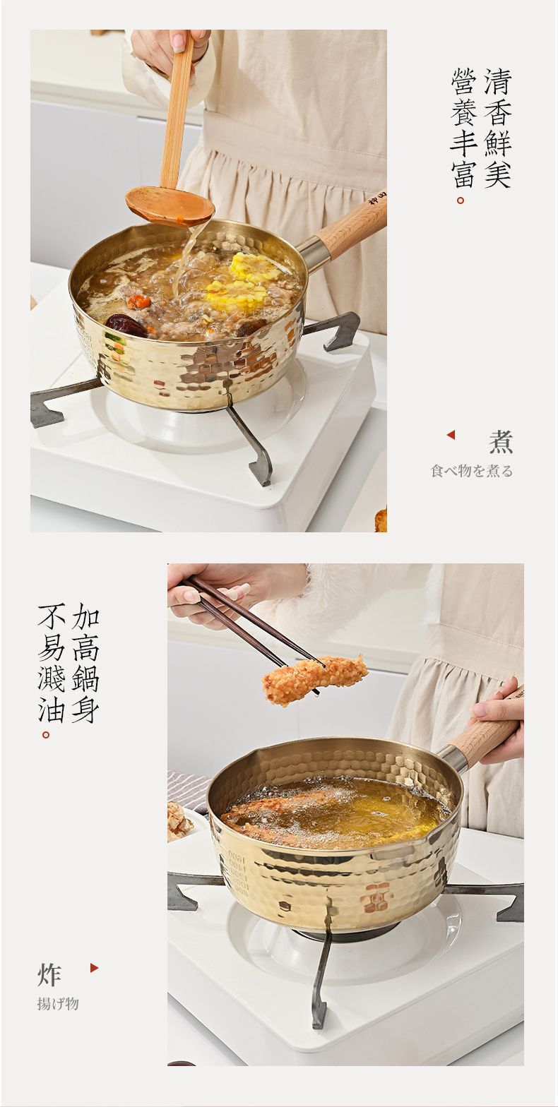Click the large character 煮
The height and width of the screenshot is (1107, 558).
pos(501,442)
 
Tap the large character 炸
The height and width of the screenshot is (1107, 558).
pos(49,974)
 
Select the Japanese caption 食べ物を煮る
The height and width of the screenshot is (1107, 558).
pos(472,471)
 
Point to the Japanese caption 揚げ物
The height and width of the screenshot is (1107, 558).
pos(58,1004)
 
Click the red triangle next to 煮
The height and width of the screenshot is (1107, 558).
pos(451,435)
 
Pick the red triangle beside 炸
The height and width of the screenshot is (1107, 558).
pos(95,968)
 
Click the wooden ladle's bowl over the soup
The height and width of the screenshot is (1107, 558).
pos(170,205)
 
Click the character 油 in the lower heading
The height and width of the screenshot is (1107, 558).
pos(52,709)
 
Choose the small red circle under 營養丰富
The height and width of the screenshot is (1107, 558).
pos(461,201)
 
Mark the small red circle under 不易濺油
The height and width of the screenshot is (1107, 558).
pos(46,735)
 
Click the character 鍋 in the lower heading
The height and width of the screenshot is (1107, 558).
pos(85,678)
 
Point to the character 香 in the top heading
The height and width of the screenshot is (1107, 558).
pos(497,112)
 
